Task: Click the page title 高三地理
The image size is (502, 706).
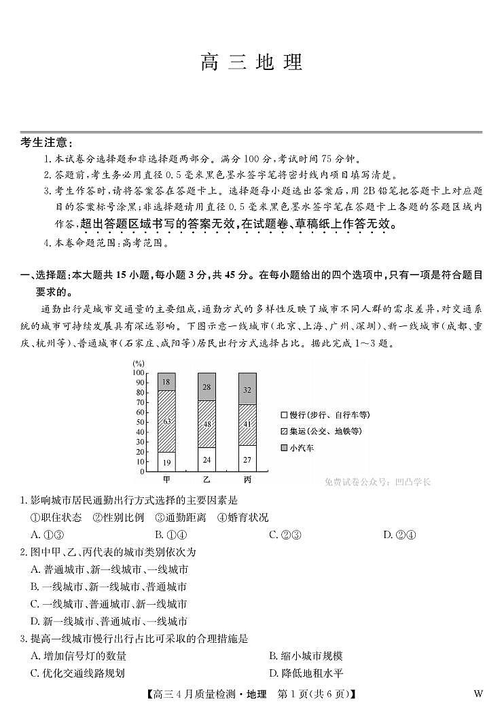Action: click(x=251, y=63)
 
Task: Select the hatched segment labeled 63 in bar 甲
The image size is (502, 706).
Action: click(x=167, y=421)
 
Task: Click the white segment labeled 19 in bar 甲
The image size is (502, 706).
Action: click(x=167, y=462)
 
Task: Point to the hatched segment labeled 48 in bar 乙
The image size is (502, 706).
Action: click(x=207, y=424)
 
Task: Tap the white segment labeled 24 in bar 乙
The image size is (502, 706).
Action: click(x=207, y=459)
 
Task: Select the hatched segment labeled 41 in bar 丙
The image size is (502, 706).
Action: click(x=248, y=425)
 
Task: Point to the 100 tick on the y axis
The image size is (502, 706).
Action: click(x=139, y=373)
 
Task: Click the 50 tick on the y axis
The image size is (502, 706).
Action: click(x=140, y=422)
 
